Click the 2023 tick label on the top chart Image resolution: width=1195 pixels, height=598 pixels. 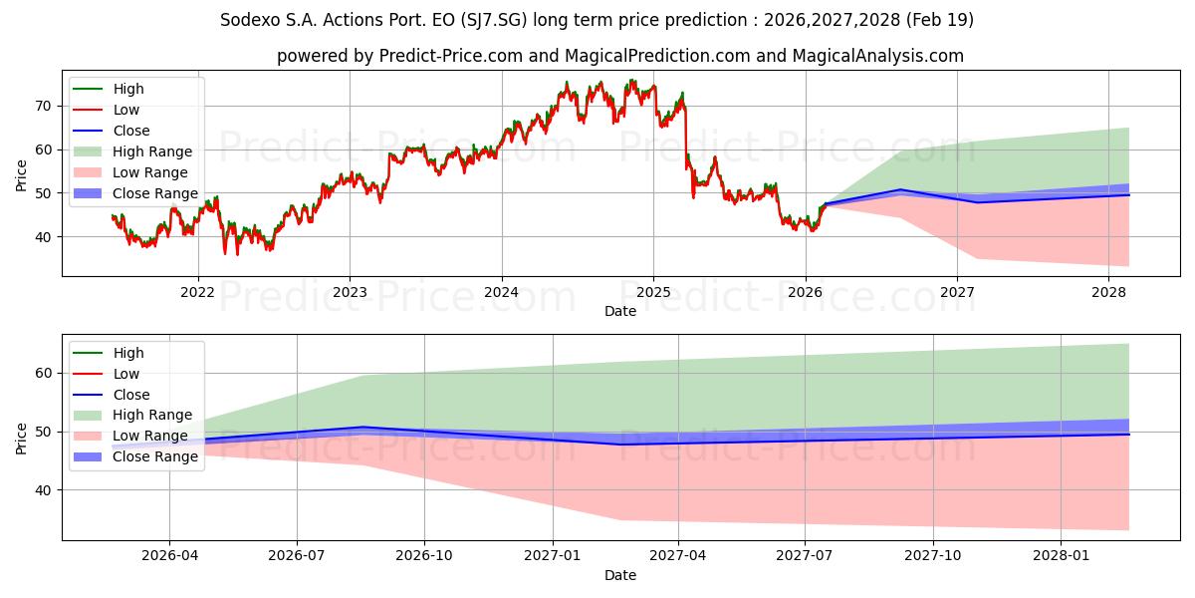pyautogui.click(x=350, y=292)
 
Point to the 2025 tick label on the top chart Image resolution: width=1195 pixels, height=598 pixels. pyautogui.click(x=653, y=292)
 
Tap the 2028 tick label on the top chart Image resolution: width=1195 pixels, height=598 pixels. pyautogui.click(x=1108, y=292)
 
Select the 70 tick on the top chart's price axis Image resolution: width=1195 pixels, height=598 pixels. pyautogui.click(x=44, y=106)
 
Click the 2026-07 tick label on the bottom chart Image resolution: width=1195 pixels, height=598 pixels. pyautogui.click(x=297, y=556)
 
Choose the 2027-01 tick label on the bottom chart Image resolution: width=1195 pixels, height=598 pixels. pyautogui.click(x=552, y=556)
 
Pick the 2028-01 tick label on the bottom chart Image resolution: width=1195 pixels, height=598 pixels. pyautogui.click(x=1061, y=556)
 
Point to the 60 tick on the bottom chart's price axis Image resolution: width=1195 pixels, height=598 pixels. pyautogui.click(x=44, y=373)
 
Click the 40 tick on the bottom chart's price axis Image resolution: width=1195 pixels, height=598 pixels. pyautogui.click(x=44, y=490)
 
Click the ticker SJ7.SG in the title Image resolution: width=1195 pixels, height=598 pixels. pyautogui.click(x=493, y=20)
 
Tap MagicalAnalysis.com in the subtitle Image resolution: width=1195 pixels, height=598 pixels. pyautogui.click(x=878, y=56)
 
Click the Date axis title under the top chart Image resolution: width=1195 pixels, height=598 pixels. pyautogui.click(x=619, y=311)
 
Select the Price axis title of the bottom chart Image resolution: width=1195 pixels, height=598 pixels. pyautogui.click(x=21, y=439)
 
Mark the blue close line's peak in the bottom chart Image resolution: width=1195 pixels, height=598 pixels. pyautogui.click(x=363, y=427)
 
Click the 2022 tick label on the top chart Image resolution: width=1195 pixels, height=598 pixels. pyautogui.click(x=197, y=292)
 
